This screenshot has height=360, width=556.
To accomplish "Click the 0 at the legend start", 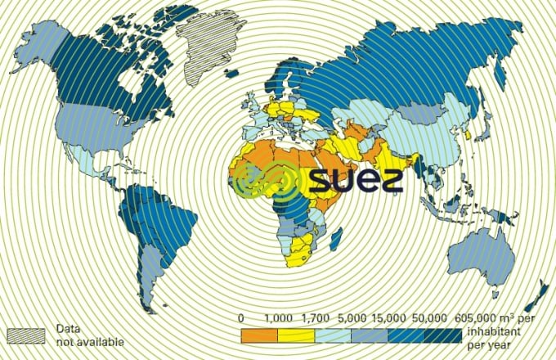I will tap(241, 317).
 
